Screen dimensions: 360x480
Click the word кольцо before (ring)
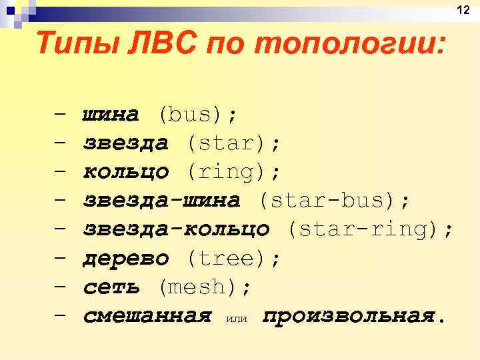click(x=125, y=172)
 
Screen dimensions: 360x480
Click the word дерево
click(x=125, y=258)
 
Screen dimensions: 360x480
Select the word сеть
click(x=111, y=287)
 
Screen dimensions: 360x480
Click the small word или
click(x=237, y=319)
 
